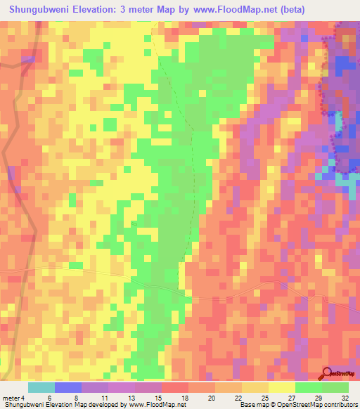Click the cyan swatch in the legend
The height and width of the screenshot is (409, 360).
tap(41, 387)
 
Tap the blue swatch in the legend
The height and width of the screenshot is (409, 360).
tap(68, 387)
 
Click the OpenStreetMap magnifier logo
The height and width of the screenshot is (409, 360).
tap(328, 374)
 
